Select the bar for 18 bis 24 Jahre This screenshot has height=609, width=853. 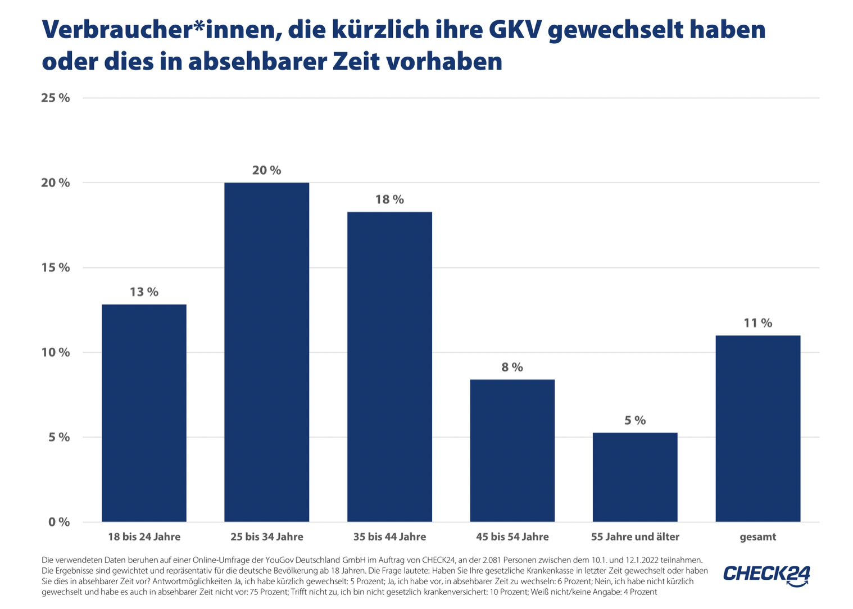tap(144, 413)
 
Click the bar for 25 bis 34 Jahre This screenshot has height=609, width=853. tap(266, 352)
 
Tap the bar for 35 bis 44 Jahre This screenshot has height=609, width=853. tap(389, 367)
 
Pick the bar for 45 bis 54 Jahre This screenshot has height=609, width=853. tap(512, 451)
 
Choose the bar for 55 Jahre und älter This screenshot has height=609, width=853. tap(635, 477)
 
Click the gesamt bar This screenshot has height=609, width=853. tap(757, 429)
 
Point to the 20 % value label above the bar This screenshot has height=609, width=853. tap(266, 170)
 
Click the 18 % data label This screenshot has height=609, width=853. tap(389, 199)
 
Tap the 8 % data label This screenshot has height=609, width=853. tap(512, 367)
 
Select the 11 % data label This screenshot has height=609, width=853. tap(757, 323)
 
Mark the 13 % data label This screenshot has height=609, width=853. tap(144, 292)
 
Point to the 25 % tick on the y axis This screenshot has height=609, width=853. tap(56, 98)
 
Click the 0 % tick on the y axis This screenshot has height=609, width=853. tap(59, 522)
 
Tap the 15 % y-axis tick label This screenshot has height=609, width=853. tap(56, 267)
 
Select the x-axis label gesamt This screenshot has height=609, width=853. tap(757, 537)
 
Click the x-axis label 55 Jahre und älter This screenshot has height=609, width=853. tap(635, 537)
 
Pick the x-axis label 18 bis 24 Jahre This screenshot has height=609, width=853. tap(144, 537)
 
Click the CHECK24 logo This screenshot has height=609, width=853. tap(766, 575)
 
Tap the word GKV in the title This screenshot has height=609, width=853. tap(515, 30)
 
